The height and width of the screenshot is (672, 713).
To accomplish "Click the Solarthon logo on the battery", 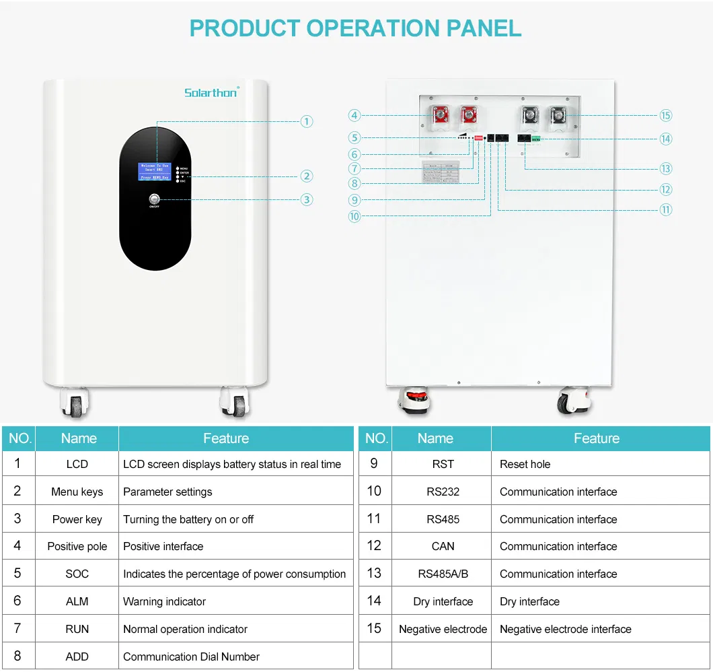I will (x=211, y=92).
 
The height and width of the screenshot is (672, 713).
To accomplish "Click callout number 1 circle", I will (x=307, y=121).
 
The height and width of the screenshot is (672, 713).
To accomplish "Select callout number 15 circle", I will (x=665, y=115).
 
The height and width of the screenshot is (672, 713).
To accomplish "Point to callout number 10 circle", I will (x=354, y=216).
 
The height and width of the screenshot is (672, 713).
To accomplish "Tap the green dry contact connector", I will (x=537, y=138).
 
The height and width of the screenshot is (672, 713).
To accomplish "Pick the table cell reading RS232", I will (x=443, y=492).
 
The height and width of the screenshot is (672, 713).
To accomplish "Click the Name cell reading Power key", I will (x=77, y=519).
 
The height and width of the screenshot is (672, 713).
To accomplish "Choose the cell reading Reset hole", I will (x=525, y=464).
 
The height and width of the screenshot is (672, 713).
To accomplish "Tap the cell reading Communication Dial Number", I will (x=191, y=657).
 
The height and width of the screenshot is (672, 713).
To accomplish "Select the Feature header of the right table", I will (x=596, y=438).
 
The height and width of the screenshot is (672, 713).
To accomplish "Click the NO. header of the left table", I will (x=20, y=438).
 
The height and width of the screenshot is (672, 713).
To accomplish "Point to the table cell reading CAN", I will (x=443, y=546).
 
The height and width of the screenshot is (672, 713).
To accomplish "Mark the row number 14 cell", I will (x=374, y=601).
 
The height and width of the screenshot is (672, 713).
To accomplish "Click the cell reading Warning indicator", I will (x=164, y=601).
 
